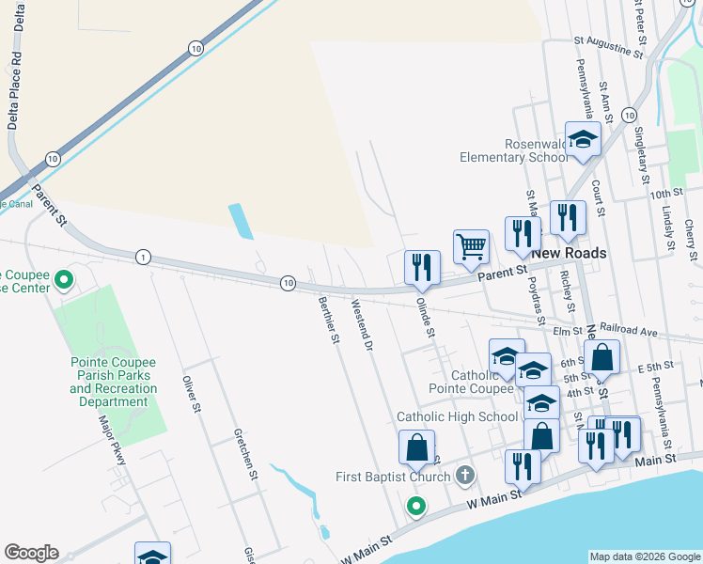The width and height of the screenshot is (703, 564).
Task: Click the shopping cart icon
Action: coord(471,247)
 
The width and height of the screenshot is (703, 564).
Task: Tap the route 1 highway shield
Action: coord(143,257)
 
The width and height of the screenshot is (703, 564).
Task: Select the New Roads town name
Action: coord(569,254)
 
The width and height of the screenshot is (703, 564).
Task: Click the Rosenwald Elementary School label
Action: coord(513,150)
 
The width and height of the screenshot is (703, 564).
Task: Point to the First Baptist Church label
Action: coord(394,477)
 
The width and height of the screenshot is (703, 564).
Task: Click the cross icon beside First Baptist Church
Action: coord(463,476)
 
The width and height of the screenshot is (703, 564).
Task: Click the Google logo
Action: coord(31,553)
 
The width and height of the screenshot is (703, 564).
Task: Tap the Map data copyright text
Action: coord(644,556)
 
